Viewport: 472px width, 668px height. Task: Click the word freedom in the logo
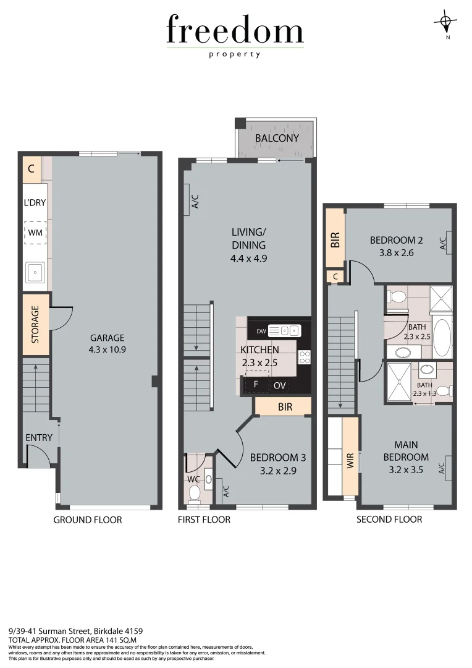(235, 30)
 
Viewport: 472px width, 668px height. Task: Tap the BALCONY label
(277, 138)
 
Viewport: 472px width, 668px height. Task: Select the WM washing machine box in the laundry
(35, 233)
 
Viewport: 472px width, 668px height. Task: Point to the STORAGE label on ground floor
(36, 325)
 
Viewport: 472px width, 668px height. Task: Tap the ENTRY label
(39, 438)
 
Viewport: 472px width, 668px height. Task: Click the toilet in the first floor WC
(195, 494)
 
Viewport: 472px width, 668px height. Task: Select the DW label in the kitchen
(261, 331)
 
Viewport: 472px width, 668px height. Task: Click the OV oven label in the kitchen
(280, 385)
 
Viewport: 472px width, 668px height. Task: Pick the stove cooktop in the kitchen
(304, 356)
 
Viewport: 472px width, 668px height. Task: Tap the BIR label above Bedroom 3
(285, 407)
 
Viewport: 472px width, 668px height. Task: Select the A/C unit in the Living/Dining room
(187, 200)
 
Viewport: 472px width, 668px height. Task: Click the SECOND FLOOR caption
(389, 519)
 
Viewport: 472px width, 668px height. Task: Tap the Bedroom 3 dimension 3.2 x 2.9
(278, 470)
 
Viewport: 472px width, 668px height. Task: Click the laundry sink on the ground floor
(35, 272)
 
